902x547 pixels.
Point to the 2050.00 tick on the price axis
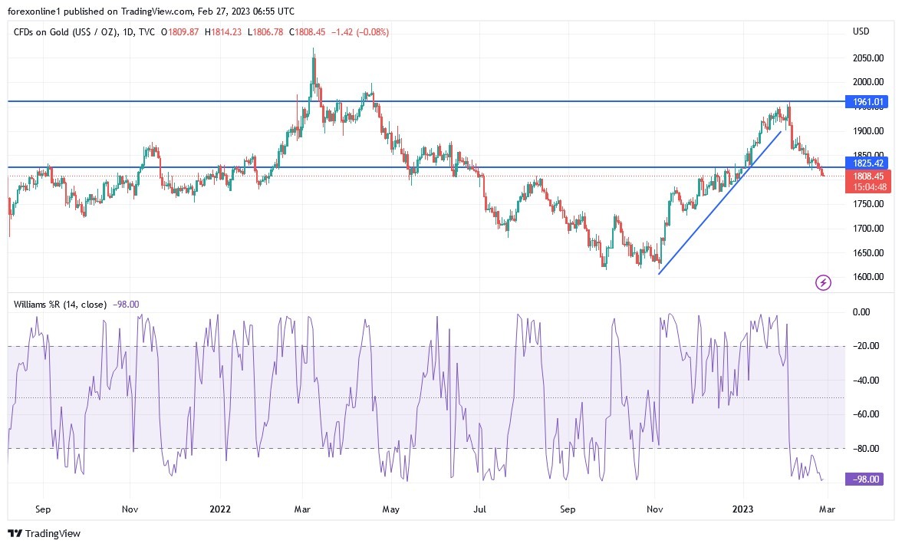[868, 58]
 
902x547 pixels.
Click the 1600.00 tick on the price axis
[868, 277]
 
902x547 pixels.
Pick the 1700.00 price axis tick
[868, 229]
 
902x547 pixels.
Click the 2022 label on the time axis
[220, 509]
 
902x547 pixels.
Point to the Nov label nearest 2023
[654, 509]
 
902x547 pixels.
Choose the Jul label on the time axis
[481, 509]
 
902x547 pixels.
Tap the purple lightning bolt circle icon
[823, 283]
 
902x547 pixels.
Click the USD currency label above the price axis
[861, 31]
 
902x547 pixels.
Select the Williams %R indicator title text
[60, 305]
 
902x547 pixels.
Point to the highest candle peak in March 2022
[313, 51]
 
